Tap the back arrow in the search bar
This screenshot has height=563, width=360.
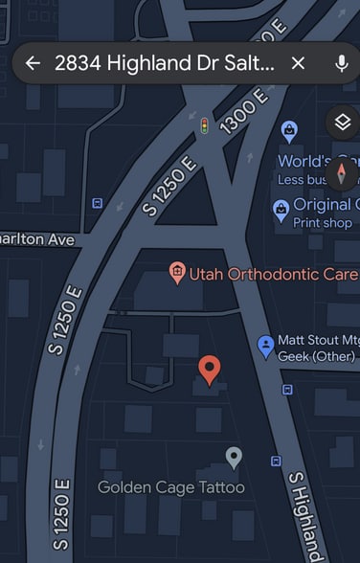coord(33,63)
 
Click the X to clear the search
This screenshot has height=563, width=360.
coord(298,63)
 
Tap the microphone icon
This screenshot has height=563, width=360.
coord(341,63)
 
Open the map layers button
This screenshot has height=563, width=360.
coord(341,122)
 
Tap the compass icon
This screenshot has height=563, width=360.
coord(342,175)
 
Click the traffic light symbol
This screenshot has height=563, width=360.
coord(203,125)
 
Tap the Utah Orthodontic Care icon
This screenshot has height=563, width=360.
coord(176,273)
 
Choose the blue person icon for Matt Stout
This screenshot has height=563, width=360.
coord(266,346)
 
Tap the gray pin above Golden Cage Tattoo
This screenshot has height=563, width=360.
coord(234,457)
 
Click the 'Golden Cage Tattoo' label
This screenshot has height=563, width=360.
coord(170,487)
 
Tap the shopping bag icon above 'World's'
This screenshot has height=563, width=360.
coord(288,130)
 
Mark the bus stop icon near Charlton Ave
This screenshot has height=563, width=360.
coord(97,203)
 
